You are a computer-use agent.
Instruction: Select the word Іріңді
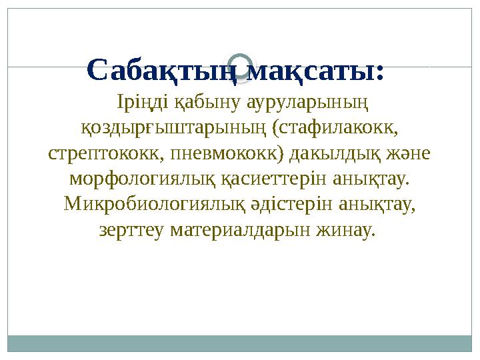[137, 103]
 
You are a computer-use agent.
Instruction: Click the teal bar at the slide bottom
[239, 343]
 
